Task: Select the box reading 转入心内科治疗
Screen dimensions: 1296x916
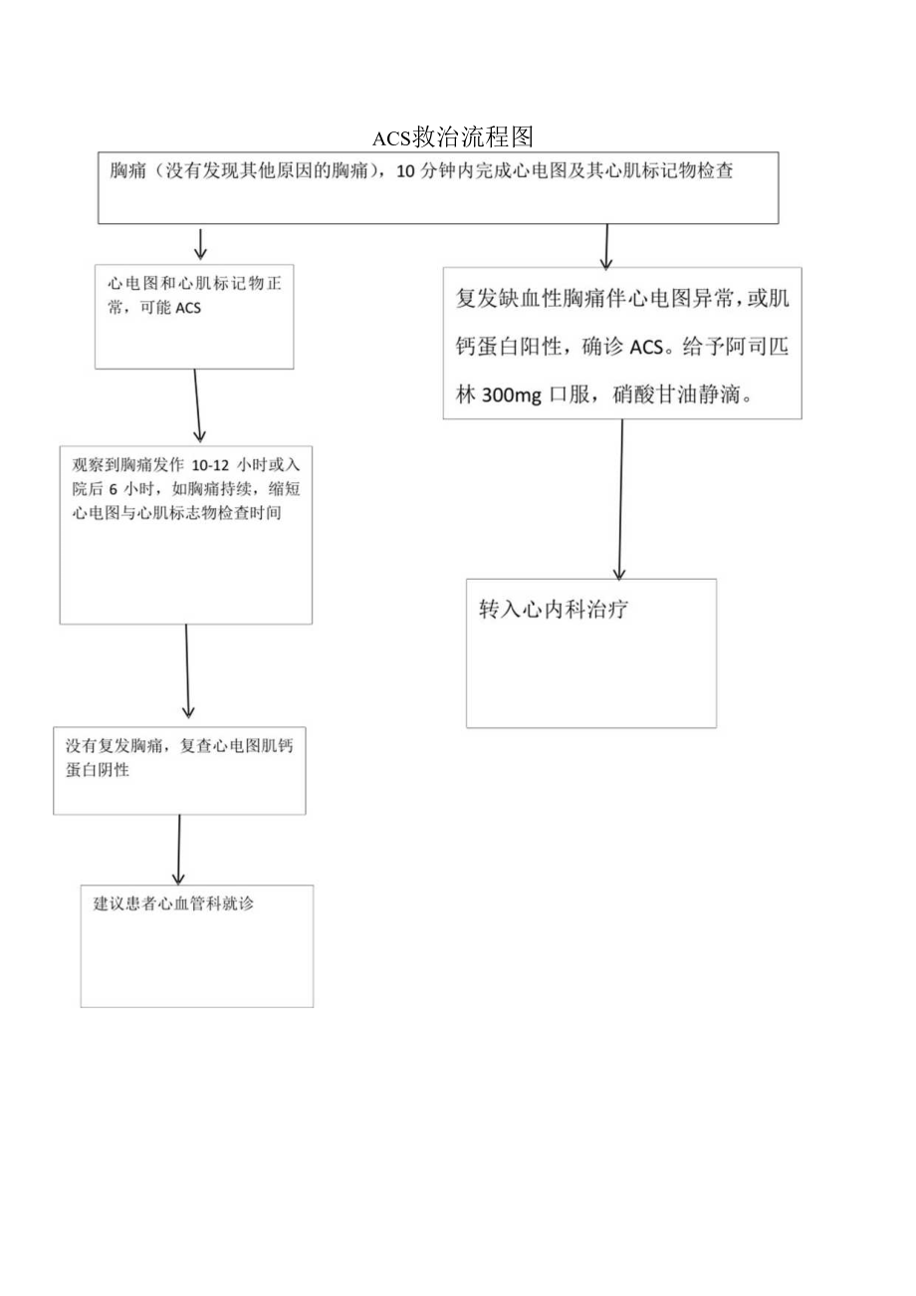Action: (x=591, y=652)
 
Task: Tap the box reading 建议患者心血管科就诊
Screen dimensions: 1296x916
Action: (x=197, y=945)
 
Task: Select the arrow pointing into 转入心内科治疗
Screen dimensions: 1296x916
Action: (x=620, y=498)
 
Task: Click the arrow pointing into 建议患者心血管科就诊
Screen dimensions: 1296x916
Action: (x=178, y=850)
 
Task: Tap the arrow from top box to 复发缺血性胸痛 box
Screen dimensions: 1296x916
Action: (x=605, y=246)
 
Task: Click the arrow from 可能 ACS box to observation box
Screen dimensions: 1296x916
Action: (x=197, y=406)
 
